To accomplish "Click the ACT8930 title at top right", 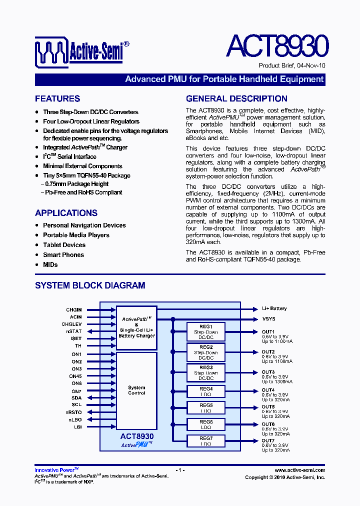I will tap(277, 46).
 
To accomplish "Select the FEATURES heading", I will tap(57, 98).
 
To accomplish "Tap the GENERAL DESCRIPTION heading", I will tap(236, 98).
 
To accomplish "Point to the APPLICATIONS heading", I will tap(66, 212).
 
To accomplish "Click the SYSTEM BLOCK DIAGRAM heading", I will tap(90, 285).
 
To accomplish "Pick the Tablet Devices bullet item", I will tap(64, 245).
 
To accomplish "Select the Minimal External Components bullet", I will tap(82, 166).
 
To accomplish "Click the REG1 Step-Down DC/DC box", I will tap(206, 332).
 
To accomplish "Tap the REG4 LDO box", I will tap(206, 391).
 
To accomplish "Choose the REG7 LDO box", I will tap(206, 441).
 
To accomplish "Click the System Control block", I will tap(136, 390).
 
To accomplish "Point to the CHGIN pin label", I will tap(74, 310).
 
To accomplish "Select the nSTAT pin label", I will tap(74, 331).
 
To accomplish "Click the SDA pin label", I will tap(76, 398).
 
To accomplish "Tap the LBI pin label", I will tap(77, 427).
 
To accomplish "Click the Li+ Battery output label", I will tap(274, 309).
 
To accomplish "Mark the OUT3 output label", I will tap(268, 372).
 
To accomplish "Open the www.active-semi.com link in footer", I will tap(299, 470).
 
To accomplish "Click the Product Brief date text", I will tap(291, 66).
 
